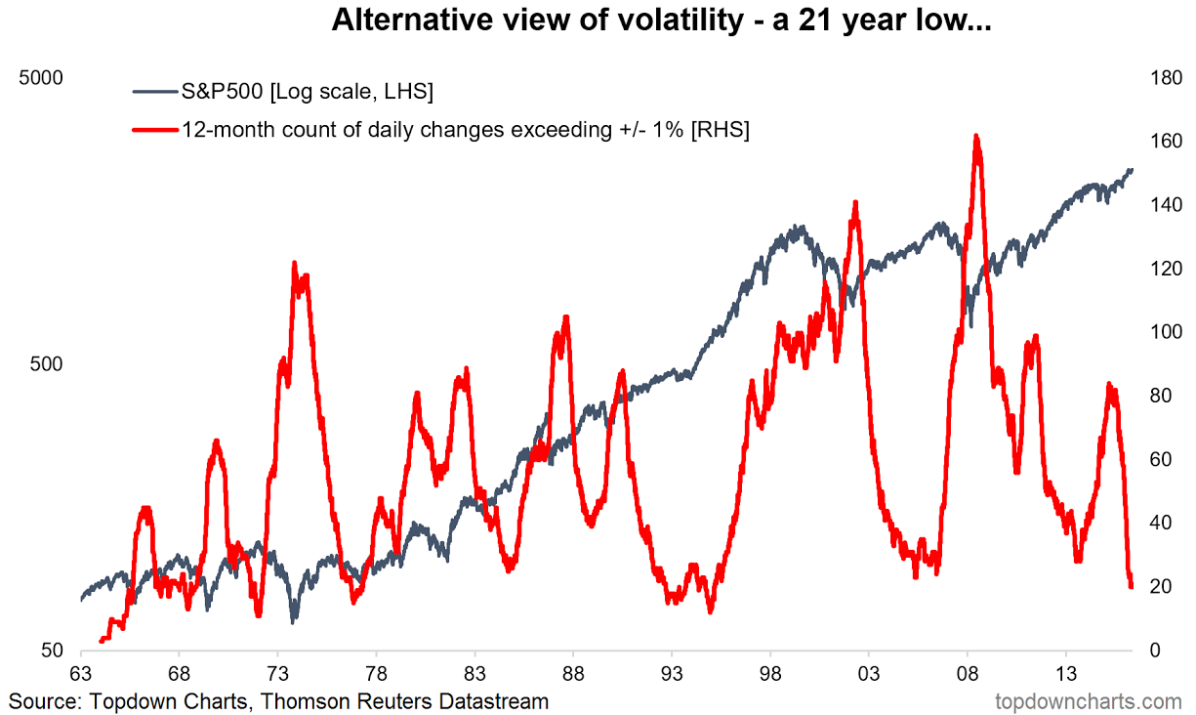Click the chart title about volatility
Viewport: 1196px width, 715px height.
(x=661, y=21)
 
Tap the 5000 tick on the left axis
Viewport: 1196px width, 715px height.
(x=42, y=77)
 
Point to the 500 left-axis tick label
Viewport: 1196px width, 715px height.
(x=47, y=363)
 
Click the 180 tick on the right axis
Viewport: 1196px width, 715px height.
(x=1158, y=77)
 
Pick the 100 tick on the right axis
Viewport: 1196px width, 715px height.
(x=1158, y=332)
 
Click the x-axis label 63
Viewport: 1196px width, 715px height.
(x=80, y=675)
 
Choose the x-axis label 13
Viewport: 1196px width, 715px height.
(x=1066, y=675)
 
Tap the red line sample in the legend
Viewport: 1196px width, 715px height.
(x=154, y=129)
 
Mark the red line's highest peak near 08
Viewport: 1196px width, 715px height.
(x=975, y=136)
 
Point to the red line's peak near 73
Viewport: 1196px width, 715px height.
(x=294, y=264)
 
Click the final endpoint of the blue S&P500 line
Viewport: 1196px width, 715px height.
(x=1131, y=170)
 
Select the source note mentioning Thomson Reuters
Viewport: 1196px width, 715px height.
(x=279, y=701)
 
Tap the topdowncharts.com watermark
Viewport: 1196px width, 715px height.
(x=1088, y=701)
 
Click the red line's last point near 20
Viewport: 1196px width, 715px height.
(x=1131, y=586)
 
